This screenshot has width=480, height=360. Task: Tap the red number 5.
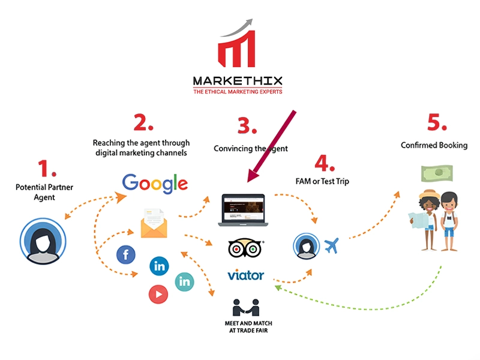click(x=437, y=122)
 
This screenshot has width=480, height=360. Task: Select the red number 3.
click(x=248, y=126)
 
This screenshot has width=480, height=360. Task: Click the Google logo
click(x=155, y=183)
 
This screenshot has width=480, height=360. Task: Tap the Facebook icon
click(x=126, y=256)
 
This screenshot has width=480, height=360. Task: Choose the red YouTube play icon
click(x=158, y=293)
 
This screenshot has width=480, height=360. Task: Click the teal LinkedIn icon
click(x=184, y=281)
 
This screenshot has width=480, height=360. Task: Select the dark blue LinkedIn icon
click(x=160, y=265)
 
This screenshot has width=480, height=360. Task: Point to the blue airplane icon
click(x=332, y=245)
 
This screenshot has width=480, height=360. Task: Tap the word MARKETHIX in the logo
click(x=238, y=81)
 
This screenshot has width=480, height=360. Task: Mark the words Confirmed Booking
click(x=434, y=145)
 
